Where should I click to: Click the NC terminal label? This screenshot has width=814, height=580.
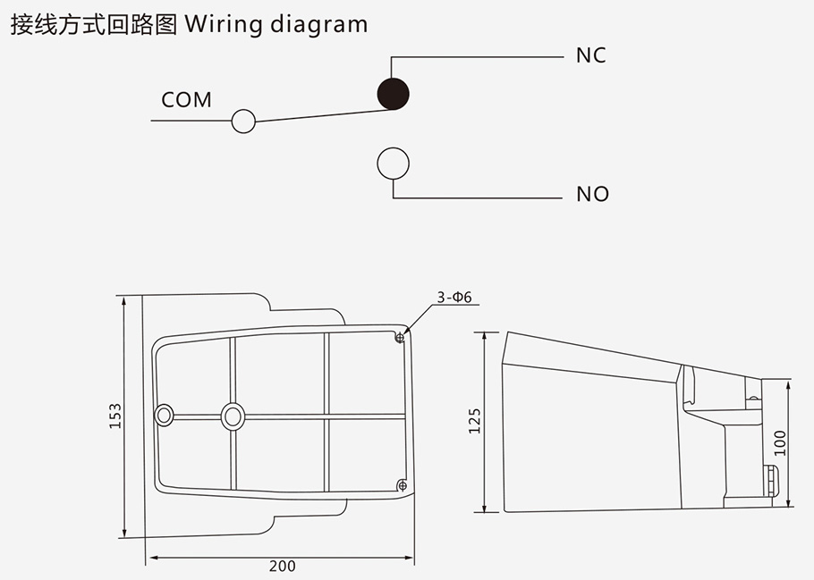pyautogui.click(x=590, y=55)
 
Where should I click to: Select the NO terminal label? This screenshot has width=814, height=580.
pyautogui.click(x=592, y=194)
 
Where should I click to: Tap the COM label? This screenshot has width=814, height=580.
pyautogui.click(x=186, y=99)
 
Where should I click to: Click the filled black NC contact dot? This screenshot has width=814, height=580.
pyautogui.click(x=392, y=92)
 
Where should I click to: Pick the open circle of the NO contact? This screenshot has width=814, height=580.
pyautogui.click(x=393, y=163)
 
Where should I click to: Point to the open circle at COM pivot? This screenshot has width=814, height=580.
pyautogui.click(x=243, y=121)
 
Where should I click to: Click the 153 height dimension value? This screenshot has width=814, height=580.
pyautogui.click(x=115, y=416)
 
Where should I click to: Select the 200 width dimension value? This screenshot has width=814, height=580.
pyautogui.click(x=282, y=566)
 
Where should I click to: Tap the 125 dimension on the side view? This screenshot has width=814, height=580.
pyautogui.click(x=474, y=421)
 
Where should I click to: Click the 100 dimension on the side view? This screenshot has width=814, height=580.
pyautogui.click(x=779, y=442)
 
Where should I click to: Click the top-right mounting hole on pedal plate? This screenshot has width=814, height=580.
pyautogui.click(x=400, y=338)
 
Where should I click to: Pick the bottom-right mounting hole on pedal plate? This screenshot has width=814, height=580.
pyautogui.click(x=401, y=484)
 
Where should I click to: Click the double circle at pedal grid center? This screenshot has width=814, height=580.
pyautogui.click(x=233, y=415)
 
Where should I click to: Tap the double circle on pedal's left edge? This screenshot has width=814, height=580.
pyautogui.click(x=164, y=415)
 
